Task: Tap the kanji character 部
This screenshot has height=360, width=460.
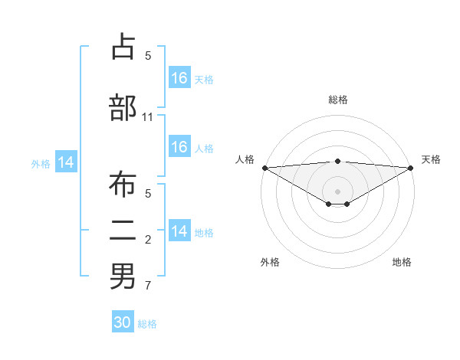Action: pos(123,107)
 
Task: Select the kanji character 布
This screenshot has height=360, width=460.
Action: pos(123,185)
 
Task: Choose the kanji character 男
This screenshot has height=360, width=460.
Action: pos(123,276)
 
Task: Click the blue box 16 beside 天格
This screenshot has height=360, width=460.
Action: pos(179,78)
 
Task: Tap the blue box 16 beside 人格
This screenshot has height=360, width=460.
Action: pos(179,148)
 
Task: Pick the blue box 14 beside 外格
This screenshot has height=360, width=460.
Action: pos(66,162)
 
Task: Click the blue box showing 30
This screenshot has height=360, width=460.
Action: pos(123,323)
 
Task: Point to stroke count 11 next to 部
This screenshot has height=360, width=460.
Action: pos(148,117)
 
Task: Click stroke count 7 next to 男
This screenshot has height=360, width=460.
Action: pos(148,286)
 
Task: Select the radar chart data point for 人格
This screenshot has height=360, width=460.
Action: pos(264,168)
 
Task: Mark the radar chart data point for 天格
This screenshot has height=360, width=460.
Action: pos(411,168)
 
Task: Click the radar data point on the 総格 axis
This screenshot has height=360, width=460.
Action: pos(338,161)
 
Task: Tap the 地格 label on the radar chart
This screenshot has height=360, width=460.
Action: pos(402,262)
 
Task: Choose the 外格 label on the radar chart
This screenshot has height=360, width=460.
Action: pos(270,262)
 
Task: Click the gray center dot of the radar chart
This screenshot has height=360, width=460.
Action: pos(338,191)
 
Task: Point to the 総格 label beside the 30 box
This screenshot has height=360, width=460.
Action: pos(147,324)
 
